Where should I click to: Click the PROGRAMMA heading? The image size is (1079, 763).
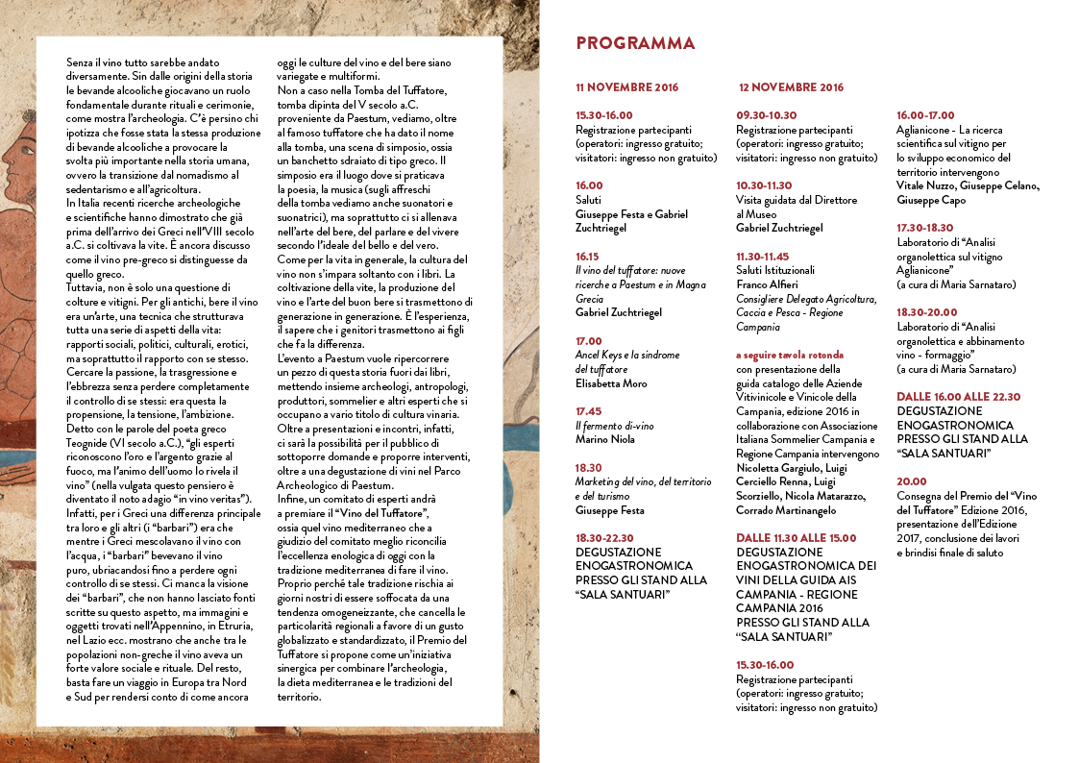tap(635, 43)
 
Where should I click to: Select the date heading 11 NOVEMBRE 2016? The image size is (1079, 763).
tap(626, 87)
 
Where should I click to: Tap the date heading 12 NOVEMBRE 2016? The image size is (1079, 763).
tap(792, 87)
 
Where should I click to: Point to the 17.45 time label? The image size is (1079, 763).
tap(589, 410)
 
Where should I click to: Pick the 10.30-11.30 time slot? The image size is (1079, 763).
tap(764, 185)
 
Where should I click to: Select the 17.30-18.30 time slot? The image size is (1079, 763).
tap(924, 228)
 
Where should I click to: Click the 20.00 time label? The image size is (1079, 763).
tap(912, 481)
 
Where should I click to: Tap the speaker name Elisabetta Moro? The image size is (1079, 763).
tap(611, 383)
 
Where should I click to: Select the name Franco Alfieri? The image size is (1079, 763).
tap(768, 284)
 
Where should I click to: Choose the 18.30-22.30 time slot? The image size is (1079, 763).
tap(604, 537)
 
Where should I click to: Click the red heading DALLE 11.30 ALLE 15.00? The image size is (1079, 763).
tap(796, 538)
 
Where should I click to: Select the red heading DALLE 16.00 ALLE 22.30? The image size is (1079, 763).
tap(958, 396)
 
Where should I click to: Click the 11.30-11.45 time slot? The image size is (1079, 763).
tap(763, 257)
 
